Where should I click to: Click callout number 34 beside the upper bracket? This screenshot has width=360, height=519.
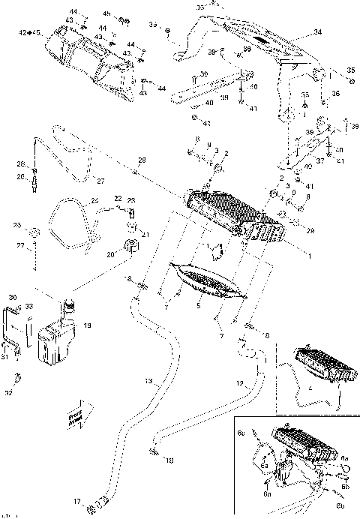(x=317, y=32)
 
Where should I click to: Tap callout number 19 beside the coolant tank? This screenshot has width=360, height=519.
(x=87, y=326)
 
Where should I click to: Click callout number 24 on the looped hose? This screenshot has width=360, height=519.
(x=94, y=200)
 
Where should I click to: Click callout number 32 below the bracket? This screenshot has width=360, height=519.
(x=9, y=393)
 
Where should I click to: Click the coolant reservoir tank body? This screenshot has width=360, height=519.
(x=56, y=342)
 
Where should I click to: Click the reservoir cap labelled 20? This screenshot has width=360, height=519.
(x=129, y=247)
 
